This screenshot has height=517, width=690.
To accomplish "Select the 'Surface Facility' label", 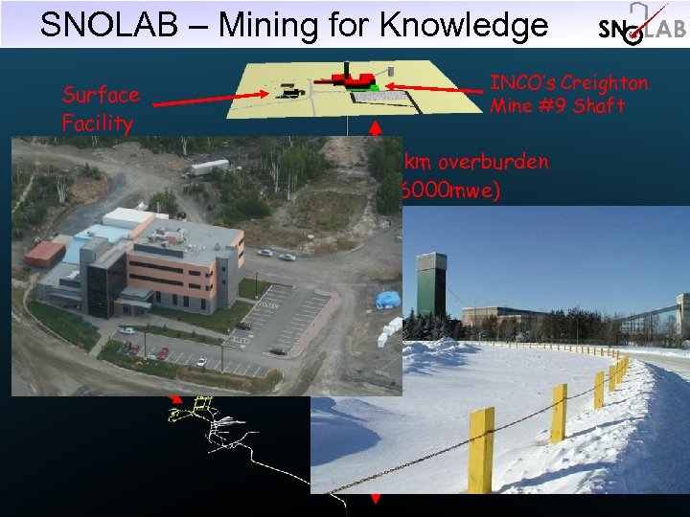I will pyautogui.click(x=101, y=108).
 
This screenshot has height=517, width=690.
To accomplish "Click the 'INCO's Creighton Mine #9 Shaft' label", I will pyautogui.click(x=568, y=94).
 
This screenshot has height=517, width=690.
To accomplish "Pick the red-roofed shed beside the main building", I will pyautogui.click(x=45, y=254).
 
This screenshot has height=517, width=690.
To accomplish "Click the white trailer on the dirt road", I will pyautogui.click(x=209, y=168).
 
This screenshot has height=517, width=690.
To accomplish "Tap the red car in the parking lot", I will pyautogui.click(x=162, y=353).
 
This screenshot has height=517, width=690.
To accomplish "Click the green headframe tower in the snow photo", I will pyautogui.click(x=433, y=283).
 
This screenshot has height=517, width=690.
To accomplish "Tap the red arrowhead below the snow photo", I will pyautogui.click(x=376, y=498).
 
